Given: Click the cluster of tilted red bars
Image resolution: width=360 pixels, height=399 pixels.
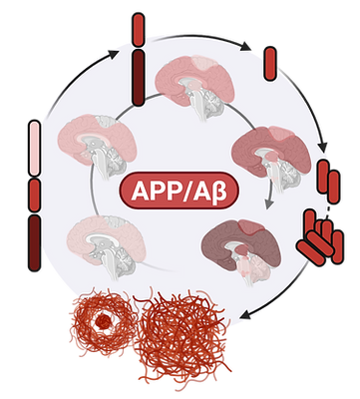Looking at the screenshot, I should [x=317, y=235].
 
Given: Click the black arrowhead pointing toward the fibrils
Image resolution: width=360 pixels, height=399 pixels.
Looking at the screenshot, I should [x=245, y=306].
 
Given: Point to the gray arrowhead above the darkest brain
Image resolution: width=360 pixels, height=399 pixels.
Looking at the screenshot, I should [x=266, y=205].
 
